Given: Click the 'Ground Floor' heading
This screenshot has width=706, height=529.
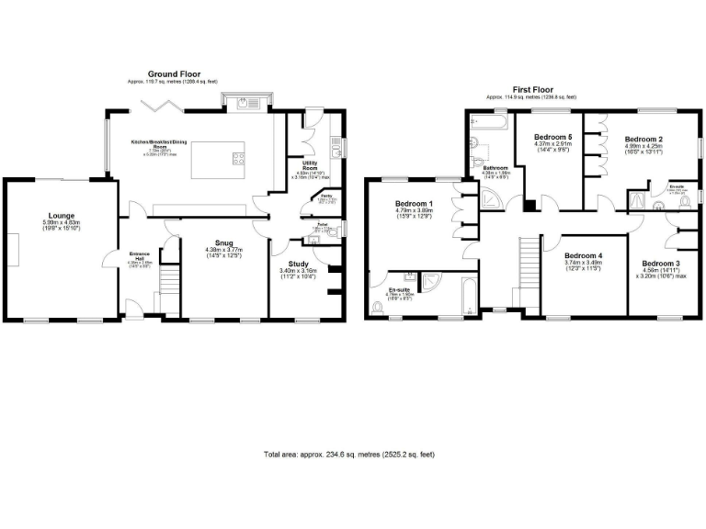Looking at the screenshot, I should coord(175,73).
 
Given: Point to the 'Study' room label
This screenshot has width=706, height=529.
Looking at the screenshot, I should coord(299,264).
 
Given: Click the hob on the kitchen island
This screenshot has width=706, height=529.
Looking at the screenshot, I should coord(238,157).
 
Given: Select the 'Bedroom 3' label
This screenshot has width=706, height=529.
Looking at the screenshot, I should coord(660,263).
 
